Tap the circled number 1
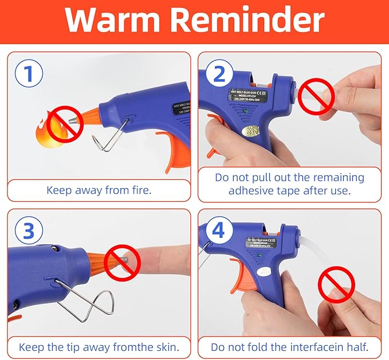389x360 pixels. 29,76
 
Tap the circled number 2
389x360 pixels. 218,76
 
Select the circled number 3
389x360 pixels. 29,232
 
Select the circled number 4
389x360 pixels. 218,232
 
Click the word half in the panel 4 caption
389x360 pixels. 355,347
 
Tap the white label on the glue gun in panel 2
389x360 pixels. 252,131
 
